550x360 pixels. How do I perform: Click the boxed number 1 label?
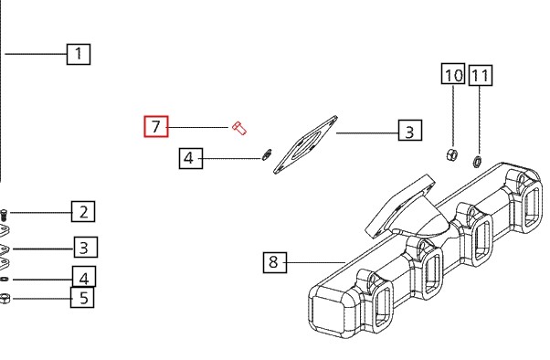79,54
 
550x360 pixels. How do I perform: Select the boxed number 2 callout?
83,212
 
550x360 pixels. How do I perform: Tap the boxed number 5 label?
82,298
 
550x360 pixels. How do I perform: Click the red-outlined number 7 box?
156,126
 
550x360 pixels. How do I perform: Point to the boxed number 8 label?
275,262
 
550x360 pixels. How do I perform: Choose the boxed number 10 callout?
453,74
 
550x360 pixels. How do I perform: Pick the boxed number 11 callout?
481,75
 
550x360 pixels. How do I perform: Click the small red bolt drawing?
239,128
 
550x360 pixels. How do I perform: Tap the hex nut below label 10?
451,154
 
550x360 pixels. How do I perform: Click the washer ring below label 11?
478,162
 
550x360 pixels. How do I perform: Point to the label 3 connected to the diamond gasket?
410,130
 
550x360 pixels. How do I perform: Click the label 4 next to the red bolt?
191,158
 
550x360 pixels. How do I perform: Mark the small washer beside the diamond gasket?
267,154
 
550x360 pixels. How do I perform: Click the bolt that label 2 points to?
4,215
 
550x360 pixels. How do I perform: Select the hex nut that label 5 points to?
5,299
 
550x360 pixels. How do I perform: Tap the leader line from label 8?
316,262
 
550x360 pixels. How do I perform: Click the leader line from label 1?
37,54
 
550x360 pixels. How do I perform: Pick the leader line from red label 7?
198,127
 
